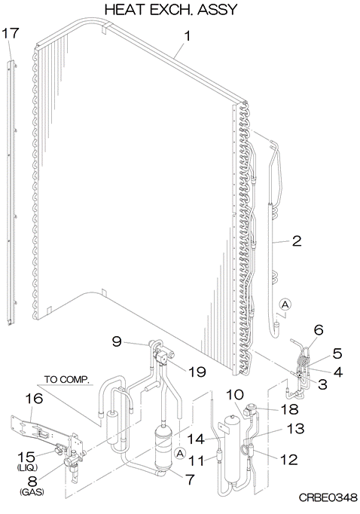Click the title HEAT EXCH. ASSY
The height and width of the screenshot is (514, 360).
170,10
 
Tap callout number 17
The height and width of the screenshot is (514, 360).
11,33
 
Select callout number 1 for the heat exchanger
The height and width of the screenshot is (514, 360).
187,35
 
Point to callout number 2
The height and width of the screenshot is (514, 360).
296,241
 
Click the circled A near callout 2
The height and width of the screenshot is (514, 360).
285,304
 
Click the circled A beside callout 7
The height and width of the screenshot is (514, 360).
179,454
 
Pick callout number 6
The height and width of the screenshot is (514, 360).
318,330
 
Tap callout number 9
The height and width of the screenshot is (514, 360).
117,341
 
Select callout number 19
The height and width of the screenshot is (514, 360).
197,372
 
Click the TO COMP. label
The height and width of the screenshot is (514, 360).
67,380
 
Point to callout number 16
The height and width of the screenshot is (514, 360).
34,399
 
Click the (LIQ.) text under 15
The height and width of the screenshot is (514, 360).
27,467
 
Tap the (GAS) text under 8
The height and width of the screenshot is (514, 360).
32,491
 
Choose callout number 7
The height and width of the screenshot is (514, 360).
190,479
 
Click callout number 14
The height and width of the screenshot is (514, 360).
196,439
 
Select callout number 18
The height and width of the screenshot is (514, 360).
289,409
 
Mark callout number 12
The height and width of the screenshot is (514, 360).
288,460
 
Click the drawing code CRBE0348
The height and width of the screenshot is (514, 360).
328,497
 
